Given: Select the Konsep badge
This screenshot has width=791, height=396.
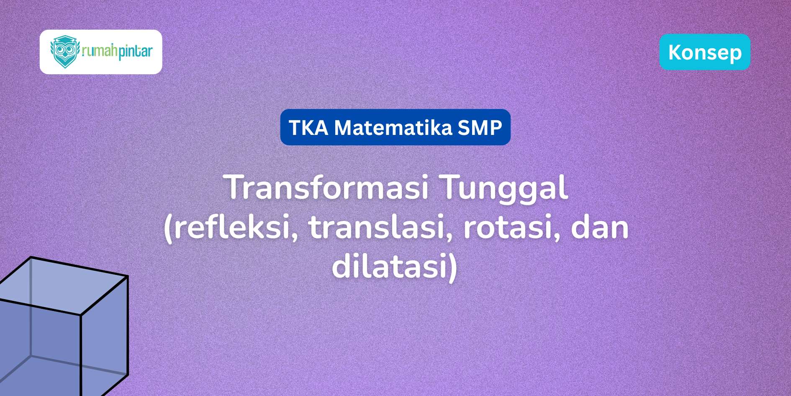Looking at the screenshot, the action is pyautogui.click(x=705, y=52).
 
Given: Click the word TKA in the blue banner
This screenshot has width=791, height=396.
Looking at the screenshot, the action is pyautogui.click(x=308, y=127).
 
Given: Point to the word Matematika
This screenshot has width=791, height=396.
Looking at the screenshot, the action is pyautogui.click(x=393, y=127).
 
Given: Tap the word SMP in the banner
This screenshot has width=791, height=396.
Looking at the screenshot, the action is pyautogui.click(x=480, y=127).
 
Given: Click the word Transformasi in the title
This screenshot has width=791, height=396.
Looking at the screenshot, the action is pyautogui.click(x=328, y=187).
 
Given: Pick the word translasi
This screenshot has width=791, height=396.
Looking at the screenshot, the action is pyautogui.click(x=381, y=227).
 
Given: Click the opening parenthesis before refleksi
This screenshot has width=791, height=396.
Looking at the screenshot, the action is pyautogui.click(x=168, y=228).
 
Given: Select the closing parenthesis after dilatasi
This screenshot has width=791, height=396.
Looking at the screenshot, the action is pyautogui.click(x=452, y=268).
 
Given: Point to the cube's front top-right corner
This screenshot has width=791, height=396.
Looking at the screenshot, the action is pyautogui.click(x=81, y=315).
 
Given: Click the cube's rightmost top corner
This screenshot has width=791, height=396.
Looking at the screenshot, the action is pyautogui.click(x=128, y=276).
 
